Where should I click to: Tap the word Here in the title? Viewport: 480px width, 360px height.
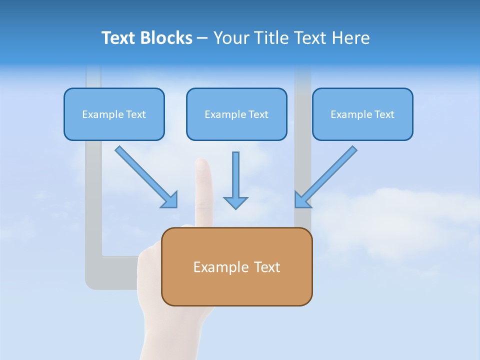[x=350, y=38]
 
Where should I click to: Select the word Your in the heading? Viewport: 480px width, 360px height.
[x=231, y=38]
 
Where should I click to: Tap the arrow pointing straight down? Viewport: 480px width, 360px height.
[x=235, y=180]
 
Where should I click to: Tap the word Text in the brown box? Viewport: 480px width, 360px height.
[x=267, y=267]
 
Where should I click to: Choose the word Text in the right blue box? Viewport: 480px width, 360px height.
[x=384, y=114]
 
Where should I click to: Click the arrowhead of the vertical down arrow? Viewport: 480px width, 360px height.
[x=235, y=202]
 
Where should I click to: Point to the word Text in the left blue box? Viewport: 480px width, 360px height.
[x=136, y=114]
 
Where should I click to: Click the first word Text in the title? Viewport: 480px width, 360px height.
[x=120, y=38]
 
